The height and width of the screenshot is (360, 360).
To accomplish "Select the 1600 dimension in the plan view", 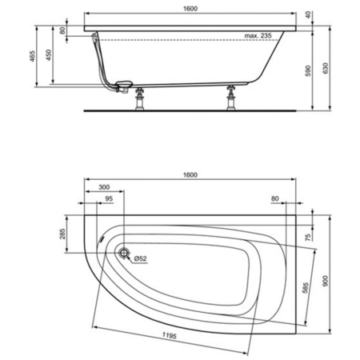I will coord(190,174).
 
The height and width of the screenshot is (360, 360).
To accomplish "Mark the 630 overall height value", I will coord(325,69).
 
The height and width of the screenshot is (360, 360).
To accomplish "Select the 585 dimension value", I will coord(305,288).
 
